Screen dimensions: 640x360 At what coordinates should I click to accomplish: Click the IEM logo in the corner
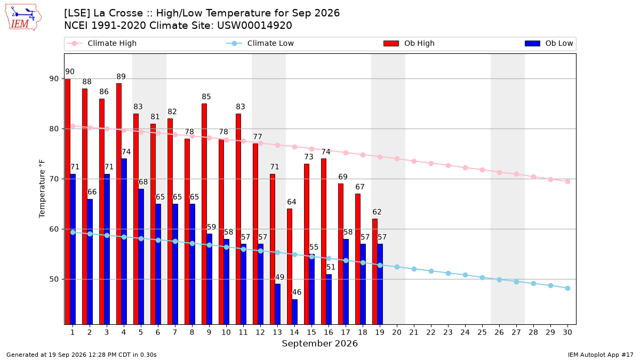[23, 18]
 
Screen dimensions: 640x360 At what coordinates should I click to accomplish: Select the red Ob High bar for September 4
[119, 204]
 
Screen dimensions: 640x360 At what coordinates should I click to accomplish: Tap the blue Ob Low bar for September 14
[294, 311]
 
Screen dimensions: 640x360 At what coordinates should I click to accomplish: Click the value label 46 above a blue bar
[297, 292]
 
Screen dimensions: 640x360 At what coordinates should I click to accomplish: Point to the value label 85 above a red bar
[206, 97]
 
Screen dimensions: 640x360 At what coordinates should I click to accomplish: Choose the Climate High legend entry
[102, 43]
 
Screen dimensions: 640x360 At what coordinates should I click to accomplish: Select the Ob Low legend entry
[549, 43]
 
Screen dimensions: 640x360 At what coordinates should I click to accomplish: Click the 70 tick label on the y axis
[54, 179]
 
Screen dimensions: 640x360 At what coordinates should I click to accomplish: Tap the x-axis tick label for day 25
[482, 332]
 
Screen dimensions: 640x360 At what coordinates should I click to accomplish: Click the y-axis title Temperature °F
[42, 189]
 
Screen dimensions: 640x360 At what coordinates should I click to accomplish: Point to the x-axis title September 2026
[319, 343]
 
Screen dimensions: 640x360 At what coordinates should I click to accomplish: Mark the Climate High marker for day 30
[567, 181]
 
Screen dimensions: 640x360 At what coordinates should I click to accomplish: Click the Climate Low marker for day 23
[449, 274]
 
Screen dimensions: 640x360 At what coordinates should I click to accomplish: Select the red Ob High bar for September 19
[375, 271]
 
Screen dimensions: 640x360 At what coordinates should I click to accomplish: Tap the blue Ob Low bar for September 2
[90, 262]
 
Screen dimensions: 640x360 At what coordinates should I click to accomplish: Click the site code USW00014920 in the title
[254, 26]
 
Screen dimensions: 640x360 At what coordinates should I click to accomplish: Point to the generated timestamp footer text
[82, 355]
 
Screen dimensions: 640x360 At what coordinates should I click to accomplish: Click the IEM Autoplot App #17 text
[601, 355]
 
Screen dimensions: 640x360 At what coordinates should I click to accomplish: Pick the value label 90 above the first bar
[70, 71]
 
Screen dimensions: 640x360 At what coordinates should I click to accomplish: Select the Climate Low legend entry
[260, 43]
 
